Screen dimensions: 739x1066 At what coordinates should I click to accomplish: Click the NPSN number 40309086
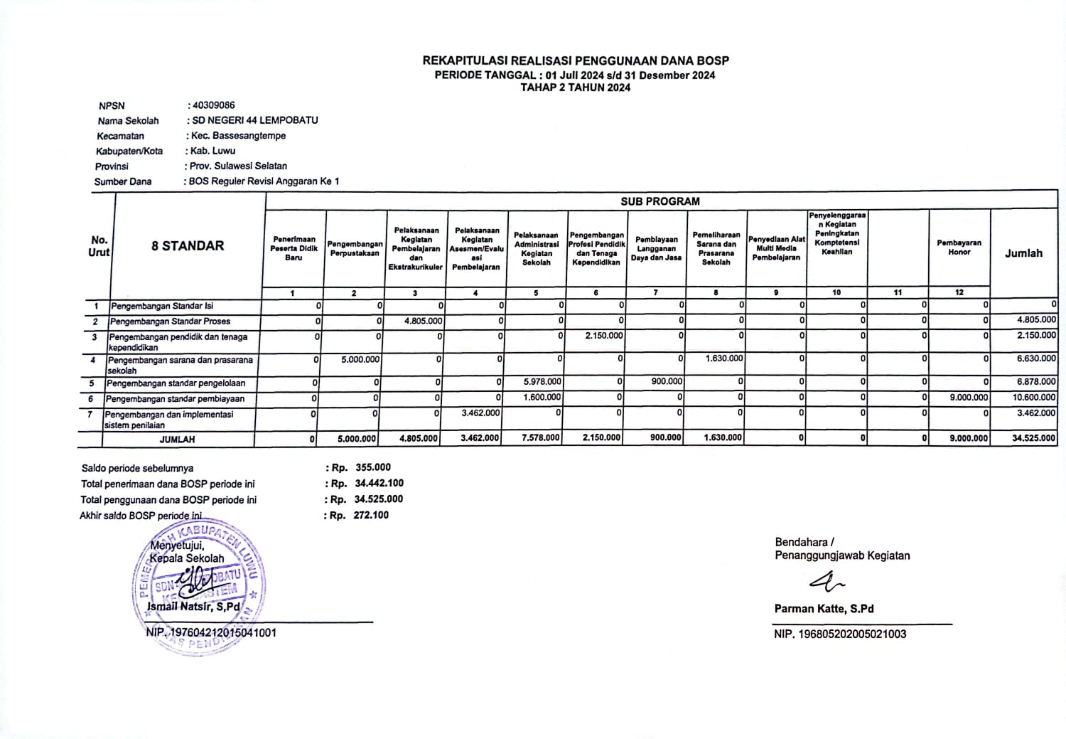(x=213, y=105)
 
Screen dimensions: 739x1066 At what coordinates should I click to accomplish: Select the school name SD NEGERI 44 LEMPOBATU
(x=254, y=120)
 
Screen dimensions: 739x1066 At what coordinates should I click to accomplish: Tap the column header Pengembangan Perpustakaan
(x=355, y=248)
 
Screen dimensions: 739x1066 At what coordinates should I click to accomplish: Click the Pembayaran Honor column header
(x=959, y=248)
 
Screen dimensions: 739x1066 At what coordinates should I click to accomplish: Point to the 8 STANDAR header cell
(x=188, y=246)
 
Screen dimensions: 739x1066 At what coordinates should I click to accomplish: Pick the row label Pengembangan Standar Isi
(x=162, y=306)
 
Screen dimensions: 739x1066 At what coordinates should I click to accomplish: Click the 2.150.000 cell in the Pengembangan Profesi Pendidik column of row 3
(x=604, y=336)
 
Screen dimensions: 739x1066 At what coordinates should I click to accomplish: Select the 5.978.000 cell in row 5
(x=542, y=382)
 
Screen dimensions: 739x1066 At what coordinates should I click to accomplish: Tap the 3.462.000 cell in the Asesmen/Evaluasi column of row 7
(x=480, y=413)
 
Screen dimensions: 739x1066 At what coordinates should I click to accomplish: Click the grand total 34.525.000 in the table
(x=1034, y=438)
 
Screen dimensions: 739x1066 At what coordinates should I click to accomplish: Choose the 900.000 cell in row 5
(x=667, y=382)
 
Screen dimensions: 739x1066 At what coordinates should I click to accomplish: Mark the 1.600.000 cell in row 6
(x=542, y=398)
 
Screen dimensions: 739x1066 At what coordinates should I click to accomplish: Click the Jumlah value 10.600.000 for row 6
(x=1034, y=398)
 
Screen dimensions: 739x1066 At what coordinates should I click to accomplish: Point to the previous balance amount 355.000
(x=373, y=467)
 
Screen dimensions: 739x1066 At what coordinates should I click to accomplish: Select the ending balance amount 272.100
(x=371, y=515)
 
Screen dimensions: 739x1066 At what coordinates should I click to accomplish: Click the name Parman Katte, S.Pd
(x=824, y=609)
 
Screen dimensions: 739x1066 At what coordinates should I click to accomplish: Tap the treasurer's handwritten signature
(x=827, y=583)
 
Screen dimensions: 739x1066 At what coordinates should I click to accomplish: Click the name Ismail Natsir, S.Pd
(x=193, y=607)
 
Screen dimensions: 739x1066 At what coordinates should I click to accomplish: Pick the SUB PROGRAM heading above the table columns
(x=659, y=201)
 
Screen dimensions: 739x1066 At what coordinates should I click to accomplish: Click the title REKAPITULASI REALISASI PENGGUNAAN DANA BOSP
(x=576, y=61)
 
